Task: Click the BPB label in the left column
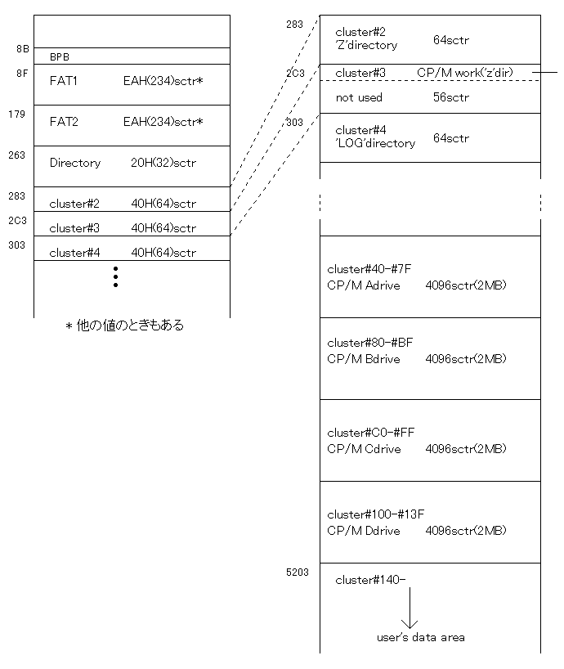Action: tap(59, 56)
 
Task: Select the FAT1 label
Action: tap(63, 81)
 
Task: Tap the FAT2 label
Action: tap(64, 122)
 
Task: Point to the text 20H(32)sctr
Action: tap(163, 163)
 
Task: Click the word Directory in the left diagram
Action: tap(75, 163)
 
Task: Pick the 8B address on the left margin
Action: tap(23, 48)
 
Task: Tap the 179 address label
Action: tap(16, 114)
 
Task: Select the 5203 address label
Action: tap(298, 572)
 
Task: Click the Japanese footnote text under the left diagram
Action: tap(124, 326)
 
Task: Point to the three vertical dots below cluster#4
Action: tap(115, 276)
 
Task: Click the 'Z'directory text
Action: tap(366, 45)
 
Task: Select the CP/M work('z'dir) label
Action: tap(464, 73)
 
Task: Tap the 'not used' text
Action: tap(359, 97)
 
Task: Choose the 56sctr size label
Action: tap(450, 97)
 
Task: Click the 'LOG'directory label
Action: tap(375, 143)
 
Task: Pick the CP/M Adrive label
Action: tap(363, 285)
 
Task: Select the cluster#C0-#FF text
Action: tap(370, 433)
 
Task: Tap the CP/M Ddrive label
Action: tap(363, 530)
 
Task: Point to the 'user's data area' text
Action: tap(420, 637)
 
